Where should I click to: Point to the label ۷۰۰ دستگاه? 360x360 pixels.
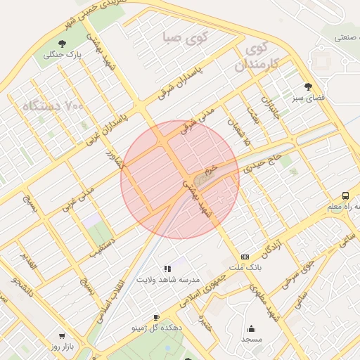pos(53,106)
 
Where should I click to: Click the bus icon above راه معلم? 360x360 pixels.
pos(345,195)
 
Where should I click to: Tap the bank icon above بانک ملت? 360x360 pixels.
pos(245,257)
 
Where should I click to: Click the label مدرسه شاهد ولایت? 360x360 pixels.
pos(169,280)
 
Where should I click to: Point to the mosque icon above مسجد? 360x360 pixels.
pos(252,328)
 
